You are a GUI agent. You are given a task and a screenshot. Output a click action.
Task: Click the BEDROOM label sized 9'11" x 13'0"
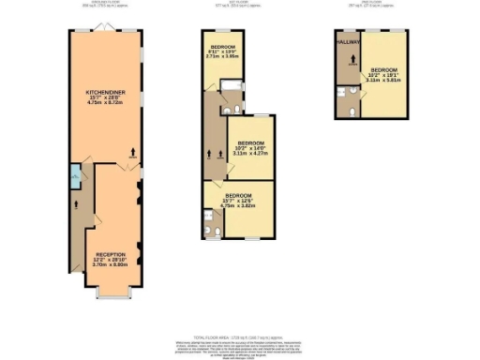point(223,46)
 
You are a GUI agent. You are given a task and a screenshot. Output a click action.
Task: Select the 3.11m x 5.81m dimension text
point(383,81)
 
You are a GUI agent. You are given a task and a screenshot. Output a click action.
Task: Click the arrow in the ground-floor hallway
point(74,199)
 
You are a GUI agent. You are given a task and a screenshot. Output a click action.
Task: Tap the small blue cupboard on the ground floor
point(74,174)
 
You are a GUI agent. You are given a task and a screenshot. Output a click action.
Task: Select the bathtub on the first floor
point(231,92)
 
